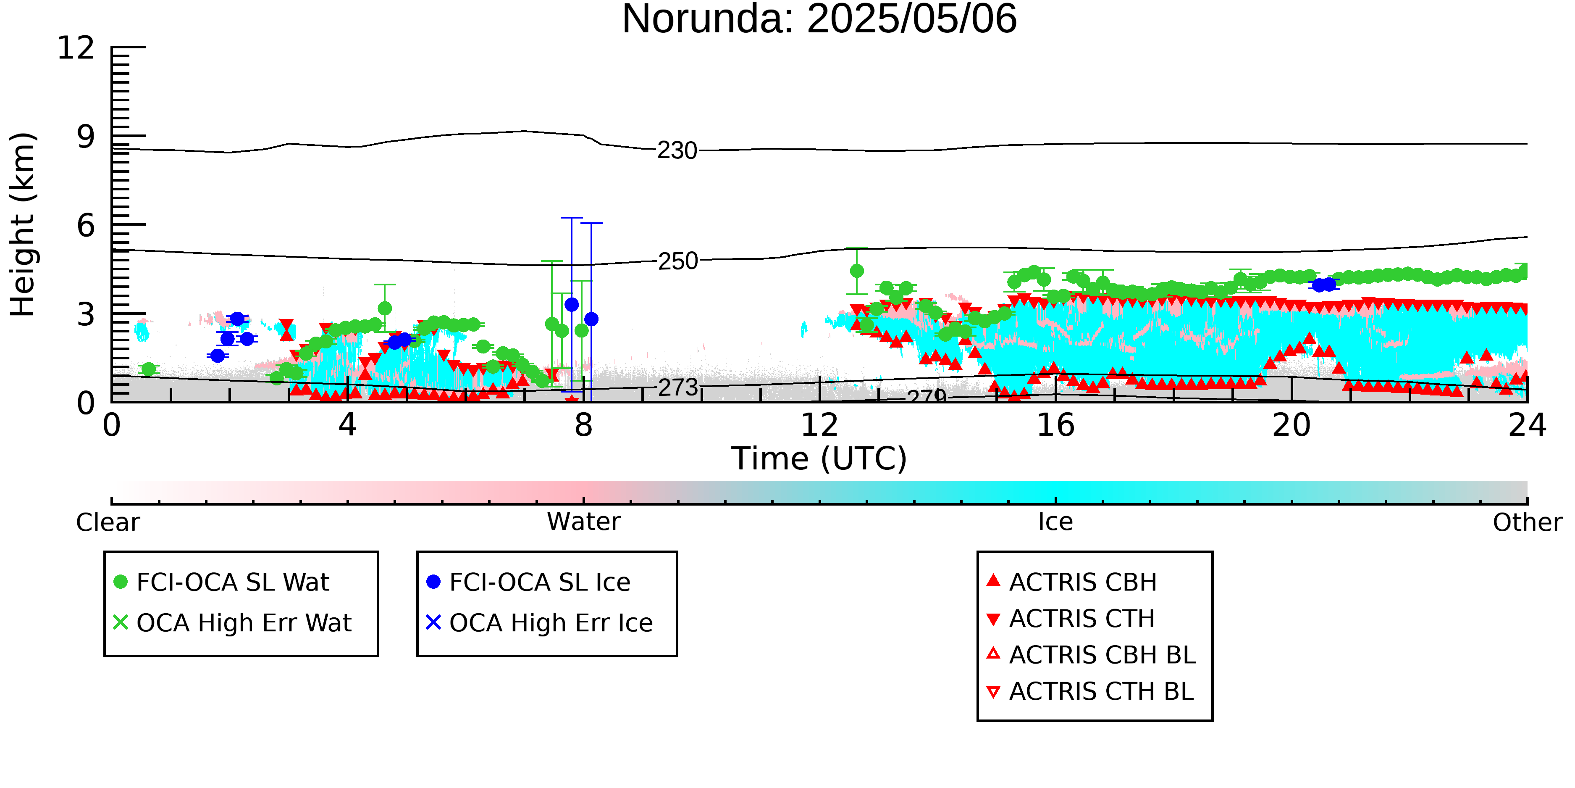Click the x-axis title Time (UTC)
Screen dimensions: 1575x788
click(x=819, y=459)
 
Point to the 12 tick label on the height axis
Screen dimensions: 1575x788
click(x=76, y=48)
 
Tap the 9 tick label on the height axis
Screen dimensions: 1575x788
click(x=86, y=137)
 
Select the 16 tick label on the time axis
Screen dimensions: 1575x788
click(x=1055, y=425)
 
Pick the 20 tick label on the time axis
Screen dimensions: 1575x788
click(x=1291, y=425)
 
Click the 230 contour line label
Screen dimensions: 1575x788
click(x=677, y=150)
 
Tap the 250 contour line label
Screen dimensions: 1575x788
click(x=677, y=261)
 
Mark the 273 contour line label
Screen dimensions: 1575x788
click(x=677, y=387)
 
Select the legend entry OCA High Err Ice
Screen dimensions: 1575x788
click(x=540, y=623)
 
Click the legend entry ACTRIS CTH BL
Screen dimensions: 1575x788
click(x=1090, y=691)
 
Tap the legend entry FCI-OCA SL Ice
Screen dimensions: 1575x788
click(x=529, y=582)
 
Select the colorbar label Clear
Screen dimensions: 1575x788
click(x=108, y=522)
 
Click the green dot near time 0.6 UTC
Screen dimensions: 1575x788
click(x=148, y=369)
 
